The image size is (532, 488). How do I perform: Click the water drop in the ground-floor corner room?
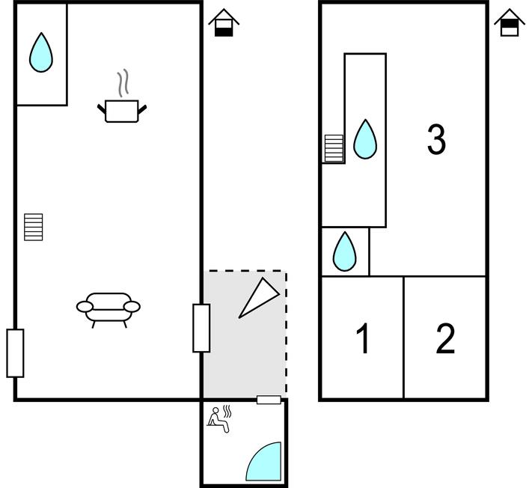pyautogui.click(x=41, y=53)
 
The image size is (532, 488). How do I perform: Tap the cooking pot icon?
pyautogui.click(x=122, y=111)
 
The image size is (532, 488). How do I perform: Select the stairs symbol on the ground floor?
pyautogui.click(x=34, y=227)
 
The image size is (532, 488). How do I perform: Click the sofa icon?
pyautogui.click(x=108, y=307)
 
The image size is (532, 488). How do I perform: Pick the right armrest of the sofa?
pyautogui.click(x=132, y=306)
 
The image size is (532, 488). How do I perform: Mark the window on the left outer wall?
pyautogui.click(x=15, y=353)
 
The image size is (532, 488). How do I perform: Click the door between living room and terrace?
pyautogui.click(x=201, y=328)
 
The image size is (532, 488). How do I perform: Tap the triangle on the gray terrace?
pyautogui.click(x=257, y=298)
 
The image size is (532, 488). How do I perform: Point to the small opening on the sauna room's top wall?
pyautogui.click(x=269, y=400)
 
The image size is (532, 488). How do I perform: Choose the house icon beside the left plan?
pyautogui.click(x=223, y=22)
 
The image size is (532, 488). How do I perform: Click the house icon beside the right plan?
pyautogui.click(x=509, y=22)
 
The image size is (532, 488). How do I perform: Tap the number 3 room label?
pyautogui.click(x=436, y=140)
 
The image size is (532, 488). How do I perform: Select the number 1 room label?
pyautogui.click(x=364, y=340)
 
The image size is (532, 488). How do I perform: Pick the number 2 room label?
pyautogui.click(x=445, y=340)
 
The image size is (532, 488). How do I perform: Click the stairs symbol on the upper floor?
pyautogui.click(x=334, y=148)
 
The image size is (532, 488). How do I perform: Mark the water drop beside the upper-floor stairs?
pyautogui.click(x=365, y=140)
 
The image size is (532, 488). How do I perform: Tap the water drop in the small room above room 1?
pyautogui.click(x=344, y=251)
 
